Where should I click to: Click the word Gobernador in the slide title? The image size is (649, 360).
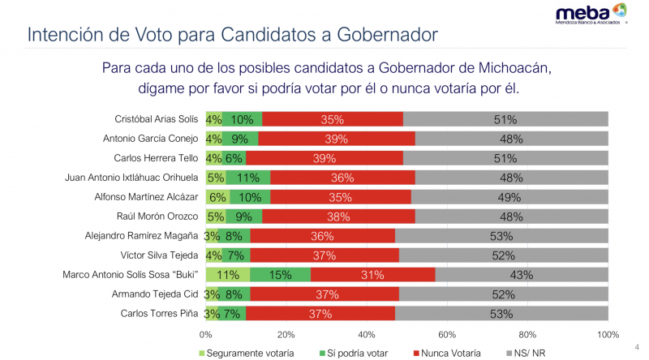pyautogui.click(x=380, y=35)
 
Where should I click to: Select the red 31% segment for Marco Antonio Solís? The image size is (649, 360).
pyautogui.click(x=372, y=275)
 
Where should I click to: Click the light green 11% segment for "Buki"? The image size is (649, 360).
pyautogui.click(x=228, y=275)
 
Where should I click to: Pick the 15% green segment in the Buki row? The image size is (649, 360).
pyautogui.click(x=280, y=275)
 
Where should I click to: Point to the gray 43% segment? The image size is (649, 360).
pyautogui.click(x=522, y=275)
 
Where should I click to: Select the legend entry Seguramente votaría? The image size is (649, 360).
pyautogui.click(x=247, y=353)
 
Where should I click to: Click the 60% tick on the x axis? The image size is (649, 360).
pyautogui.click(x=447, y=333)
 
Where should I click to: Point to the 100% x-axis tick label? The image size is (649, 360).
pyautogui.click(x=607, y=333)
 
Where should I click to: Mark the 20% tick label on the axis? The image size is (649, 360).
pyautogui.click(x=286, y=333)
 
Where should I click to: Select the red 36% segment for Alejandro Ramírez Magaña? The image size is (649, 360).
pyautogui.click(x=323, y=236)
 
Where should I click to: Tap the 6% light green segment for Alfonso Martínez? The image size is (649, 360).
pyautogui.click(x=217, y=197)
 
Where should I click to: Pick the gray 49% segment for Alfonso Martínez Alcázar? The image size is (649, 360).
pyautogui.click(x=509, y=197)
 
